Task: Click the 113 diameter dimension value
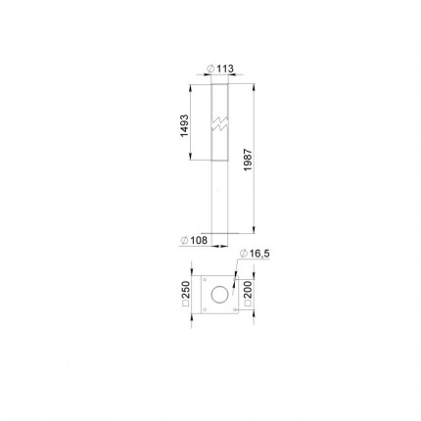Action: tap(225, 69)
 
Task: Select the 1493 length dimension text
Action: tap(184, 125)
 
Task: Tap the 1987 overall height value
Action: tap(248, 160)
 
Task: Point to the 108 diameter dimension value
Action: tap(199, 240)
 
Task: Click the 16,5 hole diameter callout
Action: tap(259, 254)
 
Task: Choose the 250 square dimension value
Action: tap(186, 290)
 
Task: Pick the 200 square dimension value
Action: tap(248, 290)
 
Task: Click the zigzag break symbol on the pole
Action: tap(220, 123)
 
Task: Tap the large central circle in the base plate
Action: tap(219, 294)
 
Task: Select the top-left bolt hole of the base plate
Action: tap(205, 279)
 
